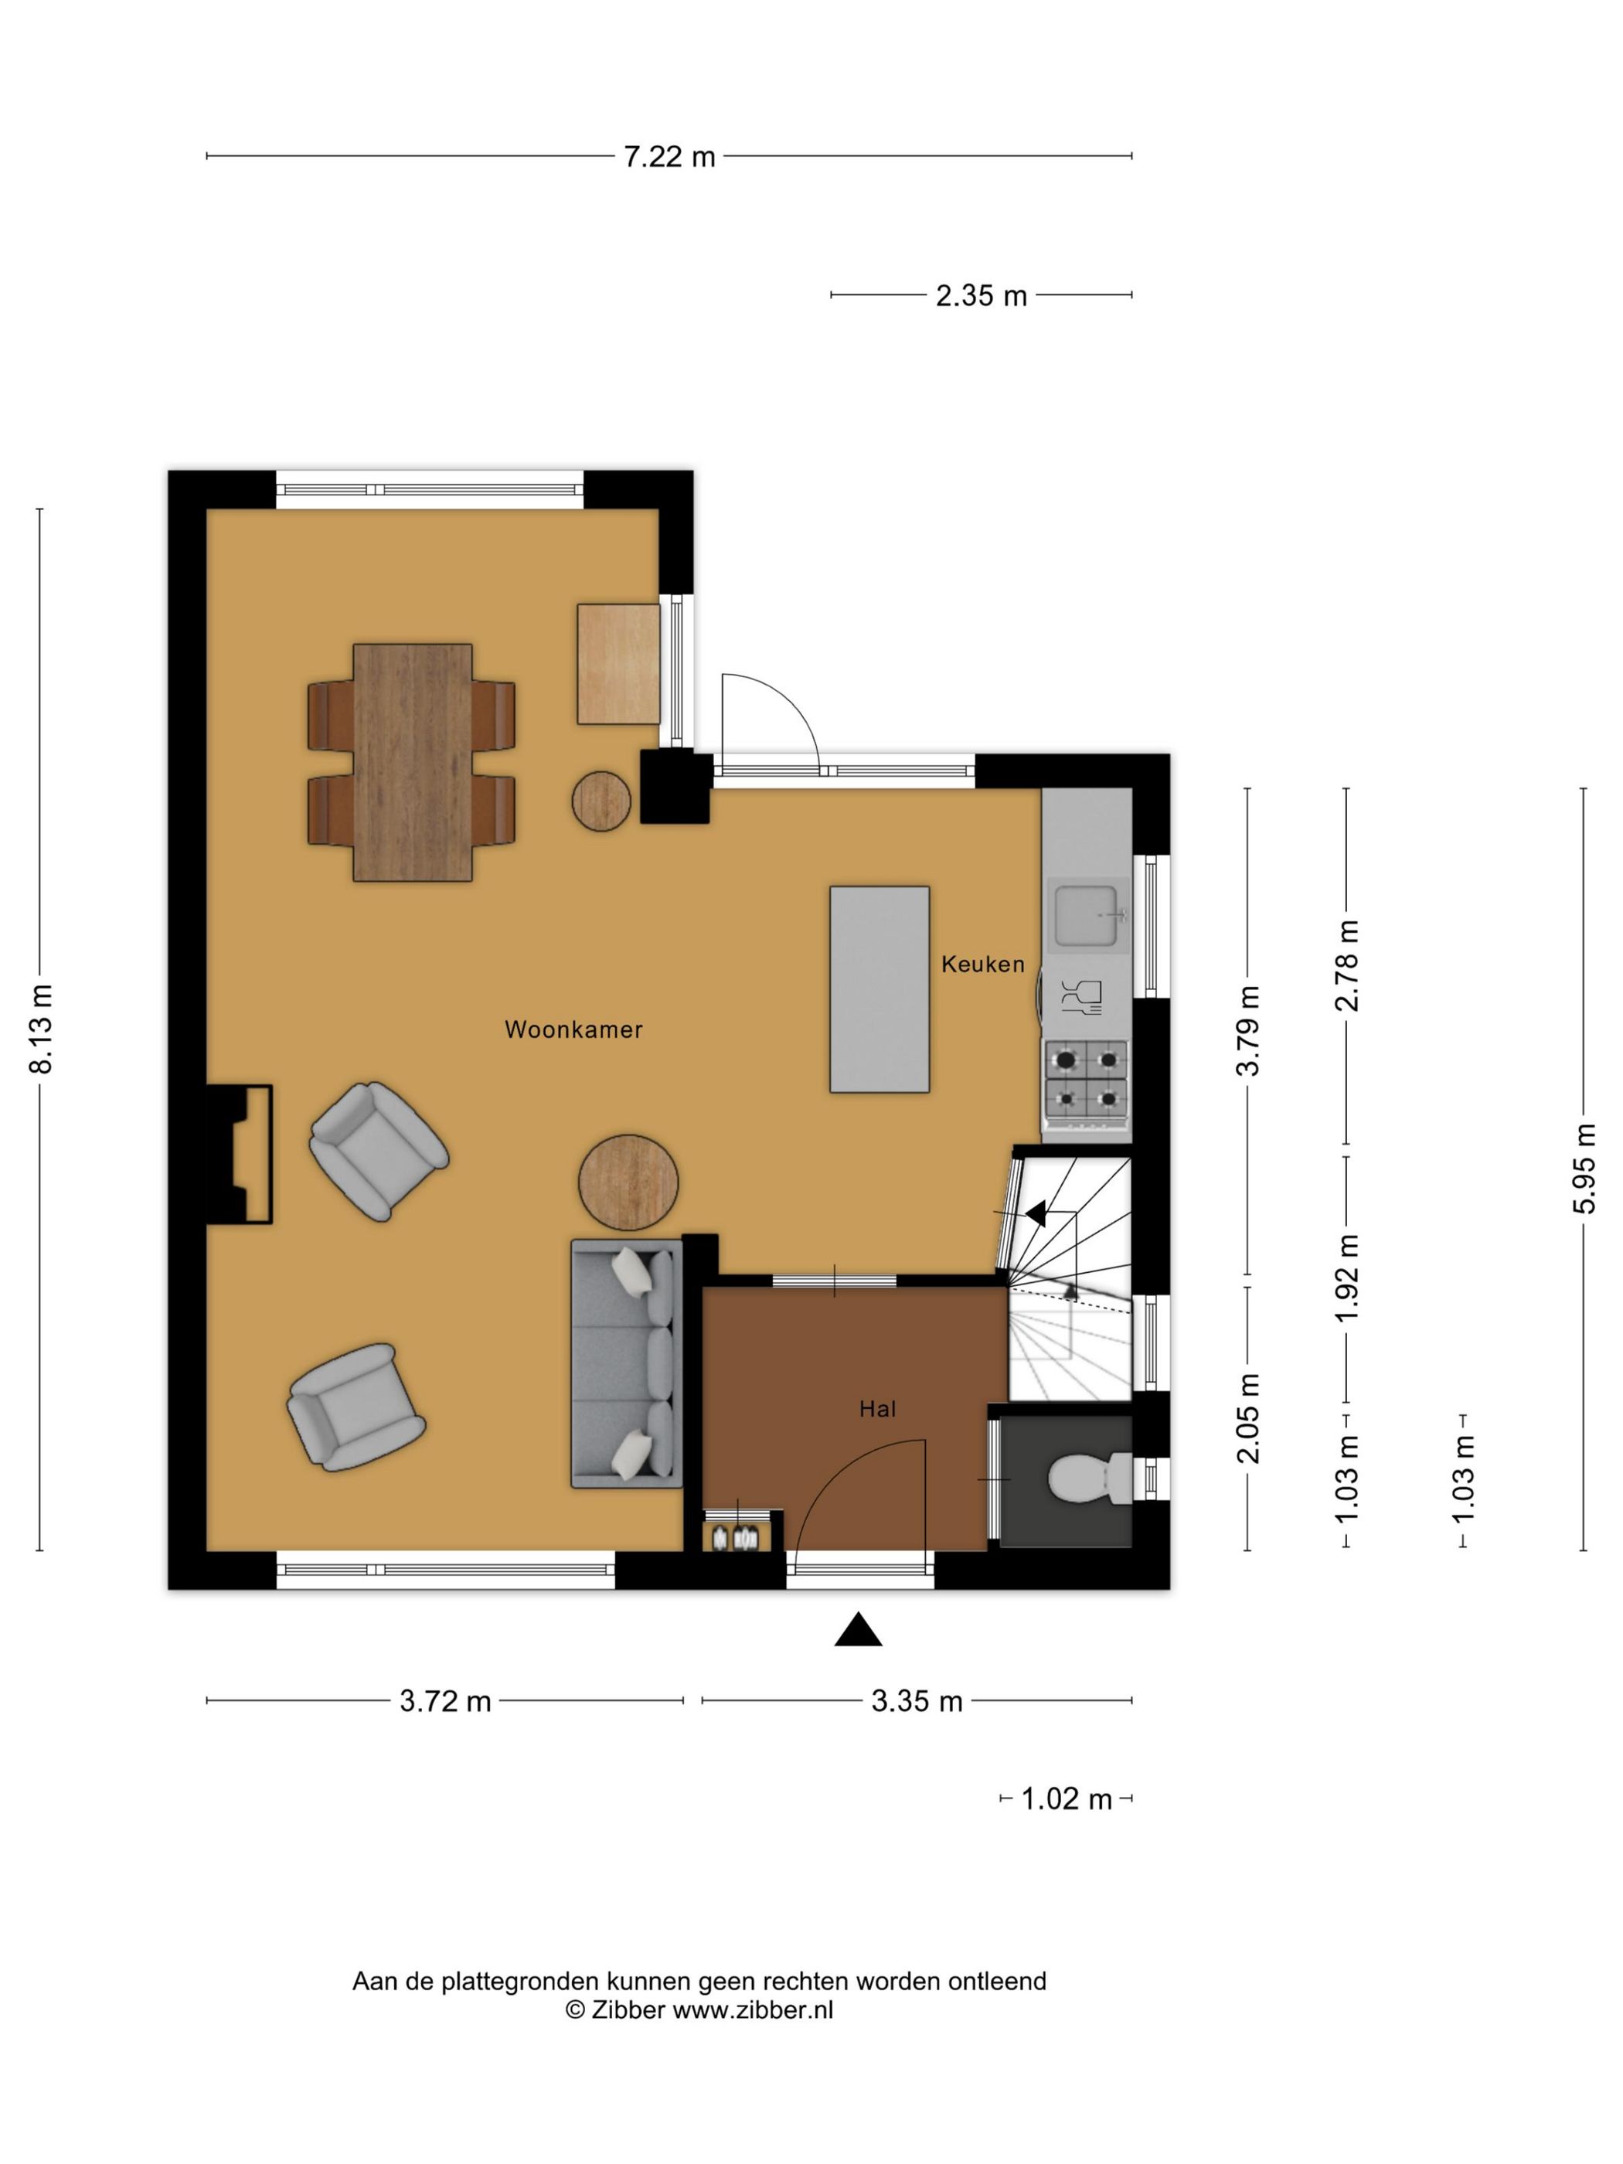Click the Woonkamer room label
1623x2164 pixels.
[573, 1029]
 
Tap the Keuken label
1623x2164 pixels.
[982, 964]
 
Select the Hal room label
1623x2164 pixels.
[877, 1409]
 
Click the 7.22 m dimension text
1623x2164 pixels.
[670, 157]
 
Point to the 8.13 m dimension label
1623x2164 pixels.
[42, 1029]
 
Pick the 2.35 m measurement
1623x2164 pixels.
[982, 295]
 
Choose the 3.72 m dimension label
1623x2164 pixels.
[445, 1701]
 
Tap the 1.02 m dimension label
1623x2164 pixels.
[1067, 1799]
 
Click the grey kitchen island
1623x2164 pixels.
[880, 989]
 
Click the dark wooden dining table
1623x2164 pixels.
[413, 762]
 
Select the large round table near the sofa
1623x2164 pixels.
[628, 1182]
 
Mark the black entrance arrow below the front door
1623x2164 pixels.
[858, 1629]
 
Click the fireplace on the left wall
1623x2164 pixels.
[239, 1155]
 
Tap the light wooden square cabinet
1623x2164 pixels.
[618, 664]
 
